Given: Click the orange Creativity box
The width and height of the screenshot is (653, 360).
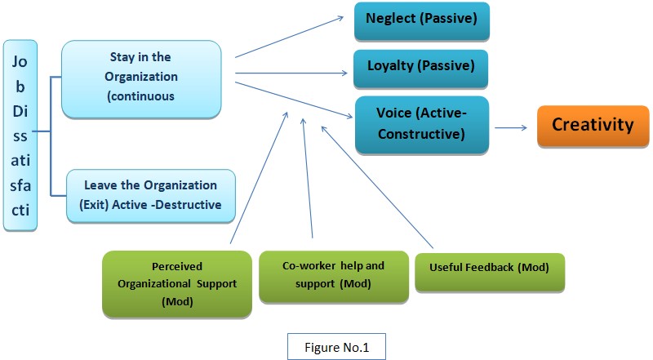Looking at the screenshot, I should point(593,125).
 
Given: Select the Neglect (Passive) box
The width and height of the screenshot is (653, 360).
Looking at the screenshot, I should point(420,22).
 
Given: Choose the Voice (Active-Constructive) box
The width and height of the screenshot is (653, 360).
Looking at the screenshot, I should point(420,123).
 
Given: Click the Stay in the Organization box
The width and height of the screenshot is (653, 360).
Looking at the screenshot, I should point(141,79).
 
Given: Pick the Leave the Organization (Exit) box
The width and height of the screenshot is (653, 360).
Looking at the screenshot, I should point(151,195).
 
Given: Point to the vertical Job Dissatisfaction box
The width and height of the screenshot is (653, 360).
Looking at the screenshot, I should point(20,136).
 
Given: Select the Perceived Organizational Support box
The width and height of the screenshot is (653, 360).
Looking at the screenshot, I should point(176,282).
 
